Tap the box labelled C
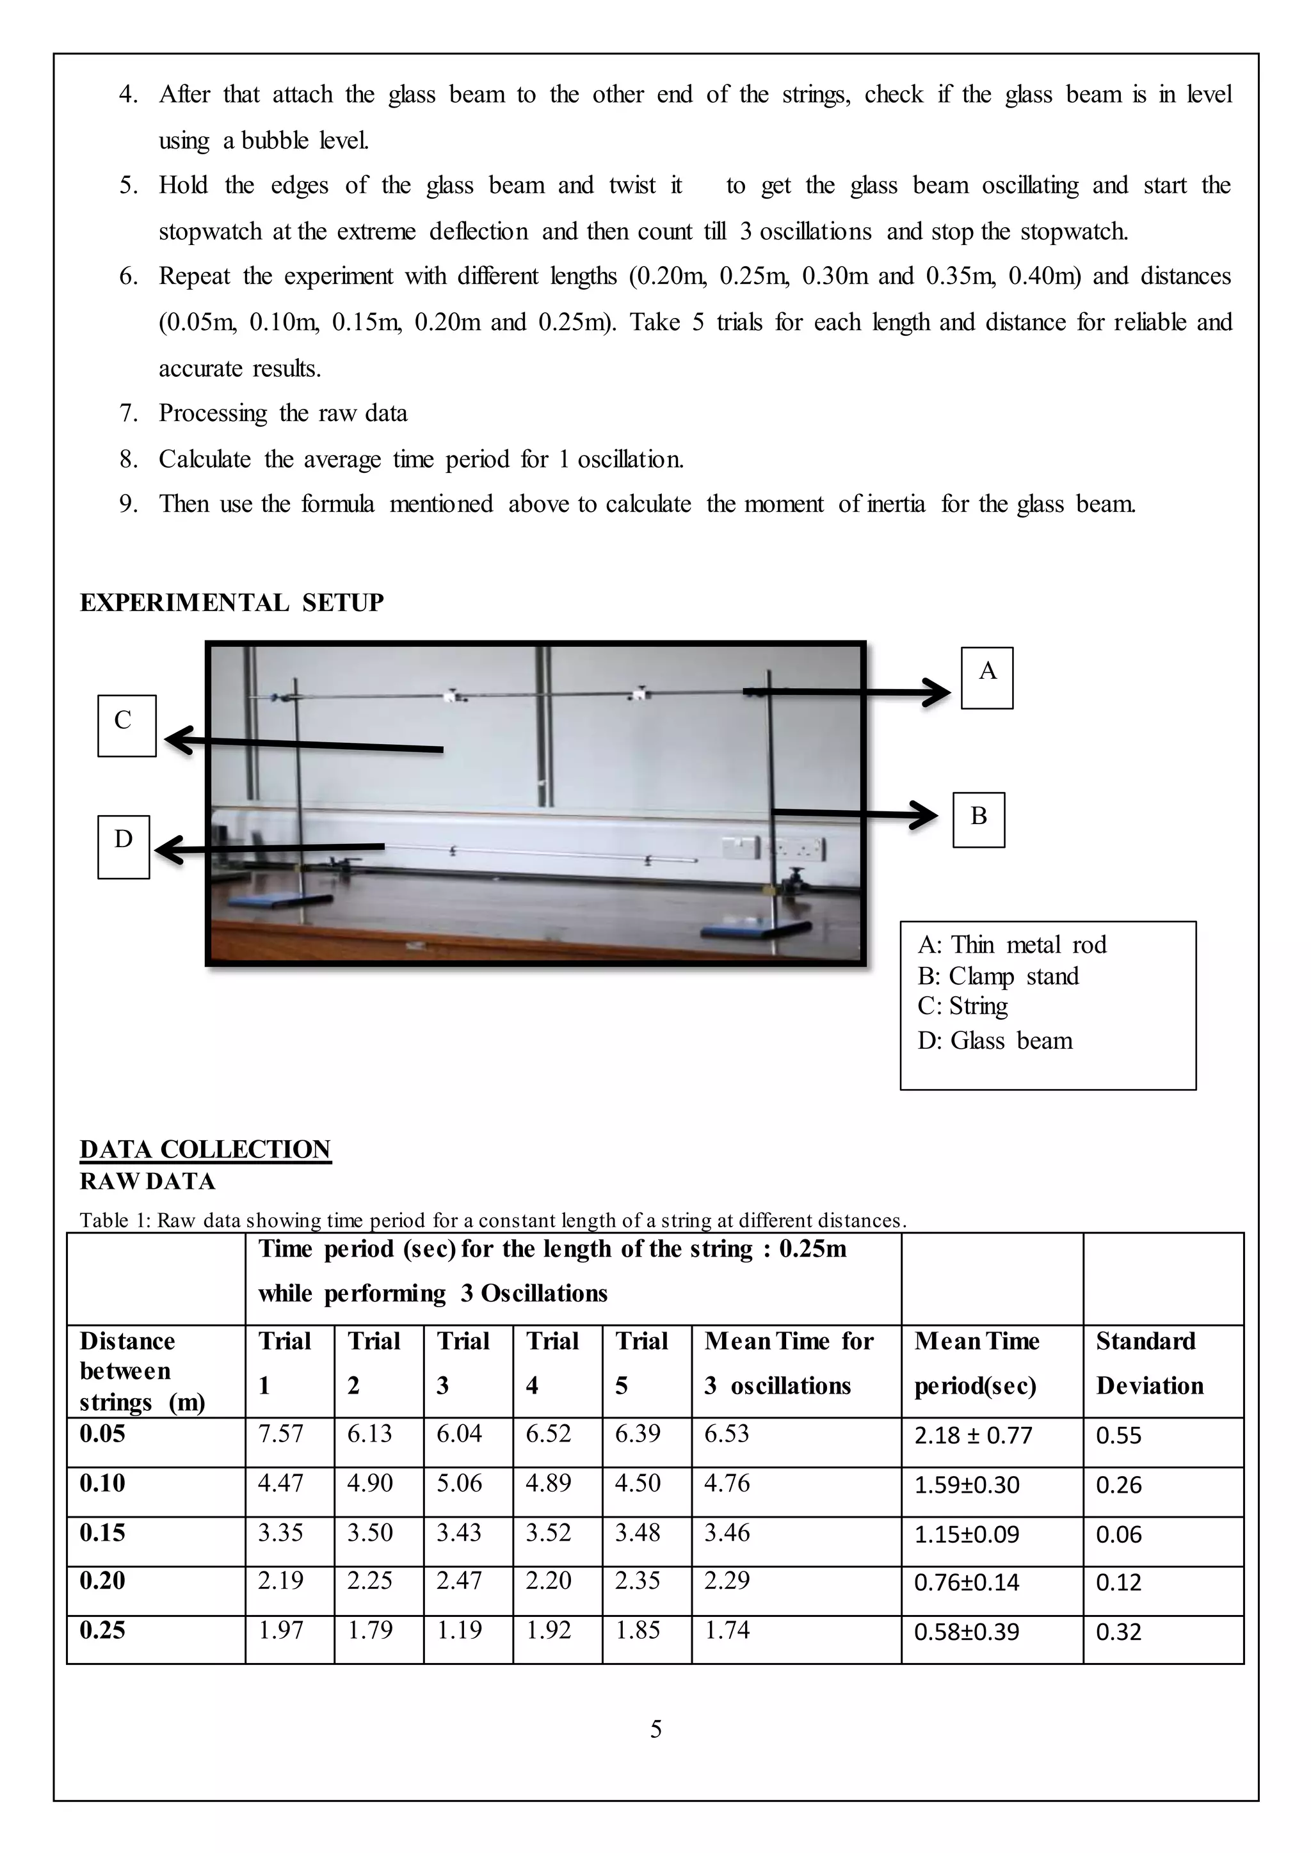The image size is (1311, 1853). pyautogui.click(x=126, y=725)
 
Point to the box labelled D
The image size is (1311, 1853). pyautogui.click(x=124, y=846)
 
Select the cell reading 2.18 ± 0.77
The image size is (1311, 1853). pyautogui.click(x=973, y=1436)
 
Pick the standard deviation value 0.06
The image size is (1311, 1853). pyautogui.click(x=1118, y=1534)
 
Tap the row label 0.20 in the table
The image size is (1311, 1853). pyautogui.click(x=102, y=1581)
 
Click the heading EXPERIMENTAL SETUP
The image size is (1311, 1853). pyautogui.click(x=232, y=602)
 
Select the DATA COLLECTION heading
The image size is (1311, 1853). pyautogui.click(x=205, y=1149)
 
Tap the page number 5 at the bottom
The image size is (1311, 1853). pyautogui.click(x=655, y=1729)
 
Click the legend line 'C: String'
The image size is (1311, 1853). pyautogui.click(x=962, y=1006)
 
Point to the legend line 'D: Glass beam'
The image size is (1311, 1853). pyautogui.click(x=995, y=1040)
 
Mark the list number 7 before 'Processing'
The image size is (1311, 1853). pyautogui.click(x=129, y=413)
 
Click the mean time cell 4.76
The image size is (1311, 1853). pyautogui.click(x=727, y=1483)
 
